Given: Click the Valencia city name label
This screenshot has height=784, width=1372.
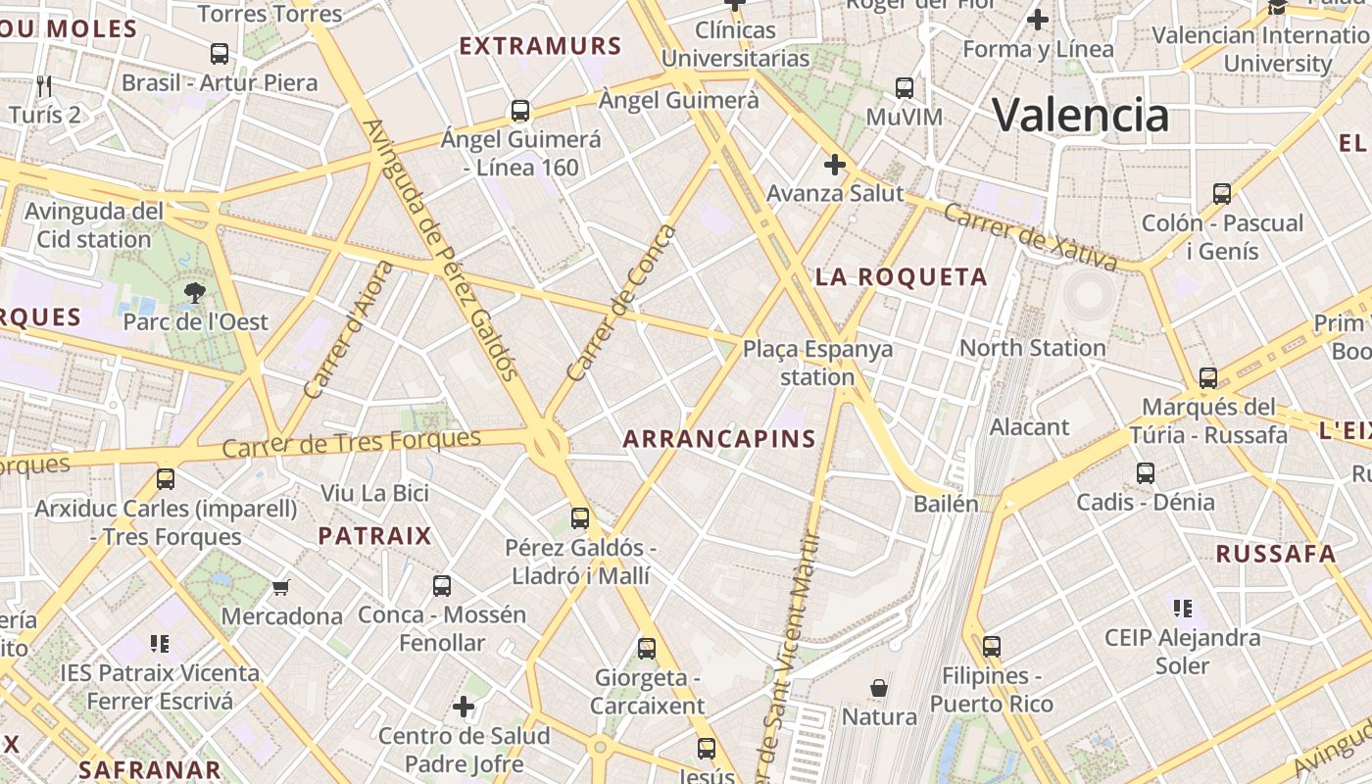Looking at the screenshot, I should pyautogui.click(x=1081, y=115).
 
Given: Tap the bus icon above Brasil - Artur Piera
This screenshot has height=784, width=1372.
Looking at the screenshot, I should pyautogui.click(x=220, y=53).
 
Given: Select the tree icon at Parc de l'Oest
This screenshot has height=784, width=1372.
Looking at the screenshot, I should pyautogui.click(x=195, y=292).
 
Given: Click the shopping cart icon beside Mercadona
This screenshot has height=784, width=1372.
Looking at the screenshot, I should pyautogui.click(x=281, y=587).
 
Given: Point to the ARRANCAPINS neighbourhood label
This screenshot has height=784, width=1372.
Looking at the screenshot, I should pyautogui.click(x=719, y=439).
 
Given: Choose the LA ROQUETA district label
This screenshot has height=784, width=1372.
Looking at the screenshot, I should pyautogui.click(x=902, y=277).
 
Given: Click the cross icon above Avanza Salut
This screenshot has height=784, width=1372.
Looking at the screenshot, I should pyautogui.click(x=834, y=165).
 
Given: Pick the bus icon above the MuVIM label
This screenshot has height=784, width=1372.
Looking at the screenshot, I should pyautogui.click(x=905, y=88).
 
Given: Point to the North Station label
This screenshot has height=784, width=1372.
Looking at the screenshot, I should pyautogui.click(x=1032, y=348).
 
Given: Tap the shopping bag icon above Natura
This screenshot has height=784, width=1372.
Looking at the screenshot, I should pyautogui.click(x=879, y=688).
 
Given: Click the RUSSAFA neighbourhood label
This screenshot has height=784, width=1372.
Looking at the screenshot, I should pyautogui.click(x=1276, y=554).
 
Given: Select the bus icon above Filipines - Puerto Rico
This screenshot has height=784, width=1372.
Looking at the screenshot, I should pyautogui.click(x=992, y=647).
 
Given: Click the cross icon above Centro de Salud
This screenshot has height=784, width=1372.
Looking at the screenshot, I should pyautogui.click(x=464, y=707).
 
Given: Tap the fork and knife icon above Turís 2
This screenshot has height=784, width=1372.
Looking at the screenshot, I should pyautogui.click(x=43, y=85).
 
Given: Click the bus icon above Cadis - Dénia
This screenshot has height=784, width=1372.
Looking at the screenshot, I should pyautogui.click(x=1146, y=473).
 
